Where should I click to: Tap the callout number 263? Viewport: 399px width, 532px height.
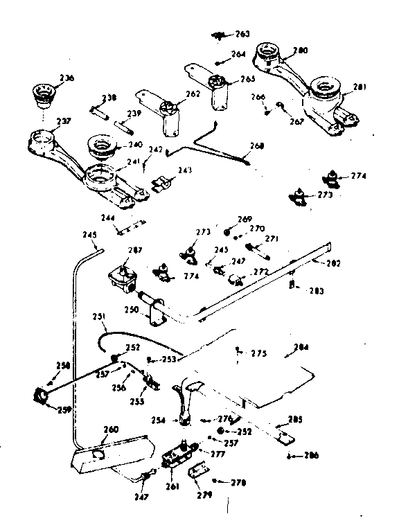(x=242, y=33)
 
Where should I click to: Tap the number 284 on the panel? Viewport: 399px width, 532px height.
(x=301, y=348)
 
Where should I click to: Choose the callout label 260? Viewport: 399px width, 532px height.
(x=111, y=429)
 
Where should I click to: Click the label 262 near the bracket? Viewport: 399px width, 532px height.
(x=193, y=94)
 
